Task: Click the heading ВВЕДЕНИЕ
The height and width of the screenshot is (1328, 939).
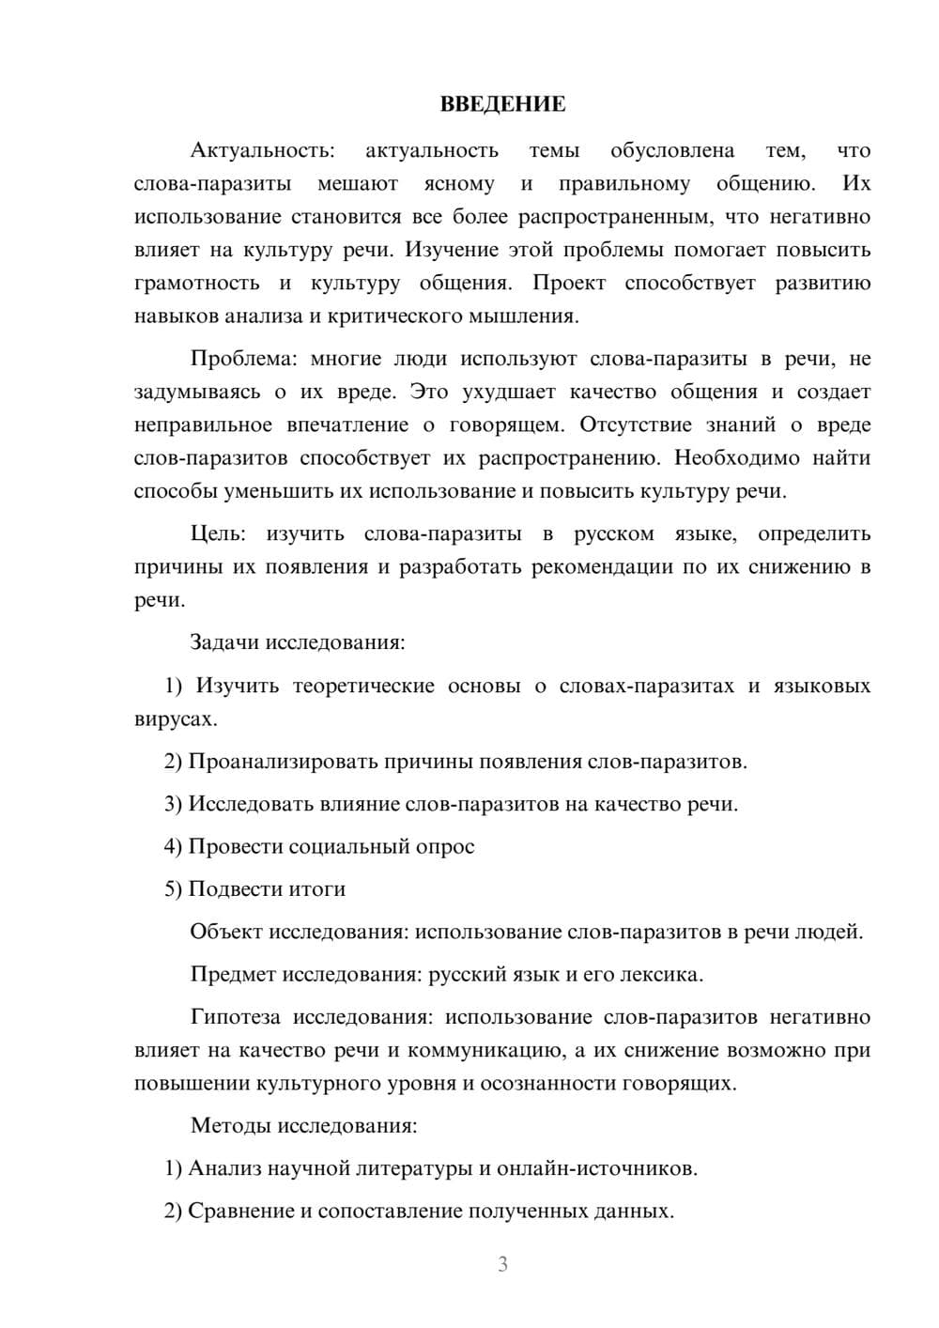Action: pyautogui.click(x=502, y=104)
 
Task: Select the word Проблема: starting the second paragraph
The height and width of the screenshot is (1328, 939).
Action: pyautogui.click(x=243, y=359)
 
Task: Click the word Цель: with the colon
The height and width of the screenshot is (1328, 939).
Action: pyautogui.click(x=218, y=533)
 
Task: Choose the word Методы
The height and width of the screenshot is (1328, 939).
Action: pyautogui.click(x=226, y=1125)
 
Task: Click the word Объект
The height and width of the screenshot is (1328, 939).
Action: pyautogui.click(x=226, y=932)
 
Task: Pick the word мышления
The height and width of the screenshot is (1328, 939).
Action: pyautogui.click(x=528, y=316)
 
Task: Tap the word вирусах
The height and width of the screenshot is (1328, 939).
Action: pyautogui.click(x=176, y=718)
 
